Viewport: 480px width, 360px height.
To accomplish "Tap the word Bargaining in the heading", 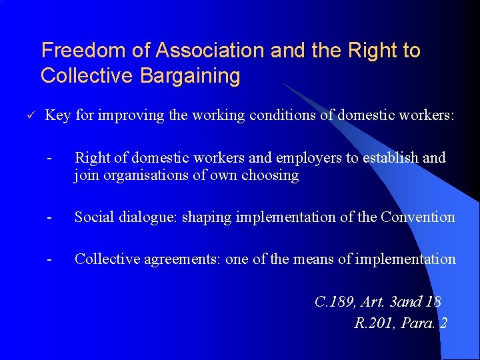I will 190,76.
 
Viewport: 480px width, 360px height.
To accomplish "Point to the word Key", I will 58,115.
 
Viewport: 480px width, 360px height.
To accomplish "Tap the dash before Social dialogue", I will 49,217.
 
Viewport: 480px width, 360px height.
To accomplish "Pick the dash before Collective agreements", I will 49,259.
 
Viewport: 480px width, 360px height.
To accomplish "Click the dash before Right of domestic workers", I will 49,158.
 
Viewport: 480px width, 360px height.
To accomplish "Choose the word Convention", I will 418,217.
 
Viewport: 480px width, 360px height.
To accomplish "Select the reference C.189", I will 333,302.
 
